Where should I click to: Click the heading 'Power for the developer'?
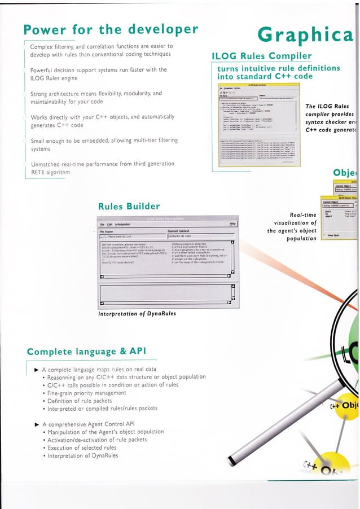click(111, 29)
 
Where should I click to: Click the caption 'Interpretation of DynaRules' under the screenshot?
click(138, 314)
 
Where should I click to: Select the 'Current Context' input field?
click(201, 236)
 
